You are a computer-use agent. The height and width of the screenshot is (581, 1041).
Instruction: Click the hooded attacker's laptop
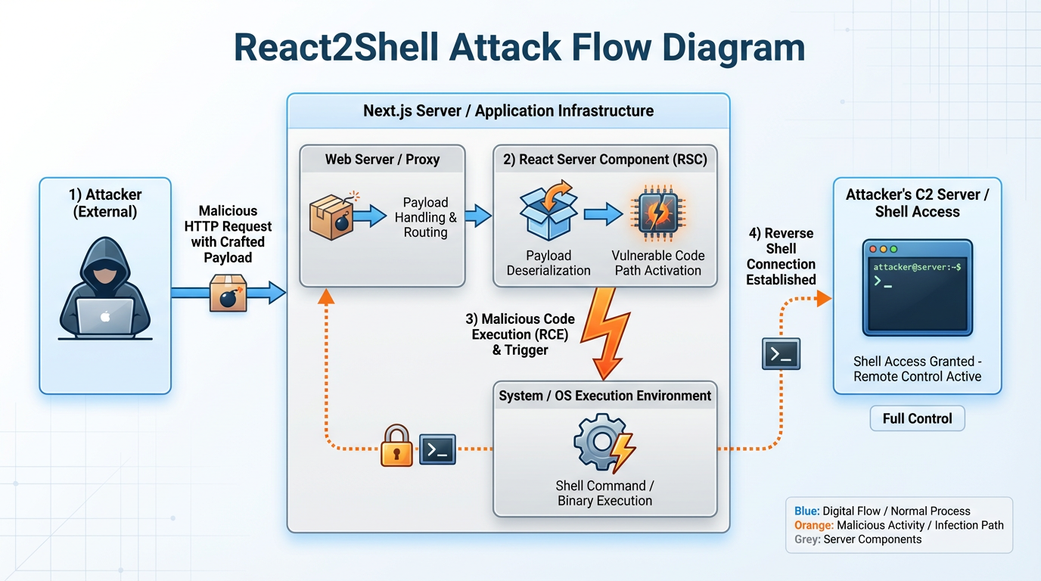point(105,317)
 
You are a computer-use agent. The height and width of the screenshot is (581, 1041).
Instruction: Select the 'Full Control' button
point(917,418)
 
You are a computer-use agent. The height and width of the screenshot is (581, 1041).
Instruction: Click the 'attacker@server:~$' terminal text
point(917,267)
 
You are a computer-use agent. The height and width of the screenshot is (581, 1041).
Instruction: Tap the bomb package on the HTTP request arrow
point(228,294)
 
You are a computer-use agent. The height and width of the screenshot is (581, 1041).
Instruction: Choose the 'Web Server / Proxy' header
point(382,160)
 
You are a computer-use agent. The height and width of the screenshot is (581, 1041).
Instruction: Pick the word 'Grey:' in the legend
point(807,539)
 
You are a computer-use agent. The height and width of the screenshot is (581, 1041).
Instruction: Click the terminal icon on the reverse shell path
point(781,353)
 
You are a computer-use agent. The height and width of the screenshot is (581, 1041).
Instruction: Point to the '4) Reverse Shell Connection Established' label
point(781,256)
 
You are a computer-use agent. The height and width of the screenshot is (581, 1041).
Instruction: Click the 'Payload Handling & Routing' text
point(425,217)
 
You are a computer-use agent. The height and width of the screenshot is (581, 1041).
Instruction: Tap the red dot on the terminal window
point(872,248)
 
